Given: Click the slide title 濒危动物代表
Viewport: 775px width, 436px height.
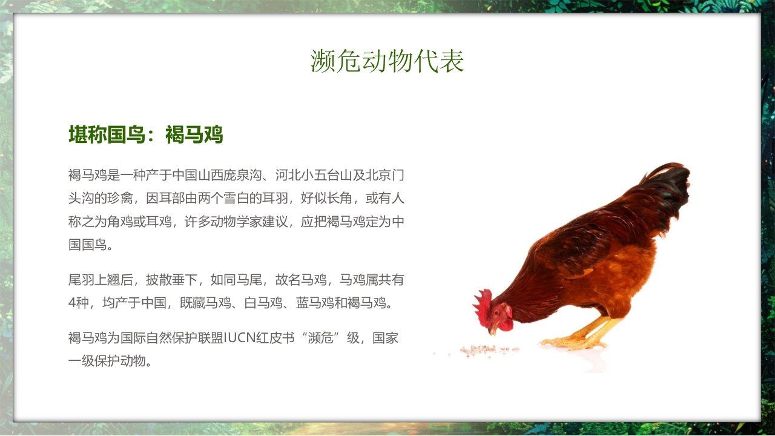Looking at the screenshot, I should [387, 61].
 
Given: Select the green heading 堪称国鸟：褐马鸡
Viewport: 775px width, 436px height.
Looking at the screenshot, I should [146, 134].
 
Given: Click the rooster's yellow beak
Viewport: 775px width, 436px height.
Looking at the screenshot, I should [493, 330].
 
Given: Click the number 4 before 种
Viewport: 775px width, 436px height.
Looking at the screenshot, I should [72, 303].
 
